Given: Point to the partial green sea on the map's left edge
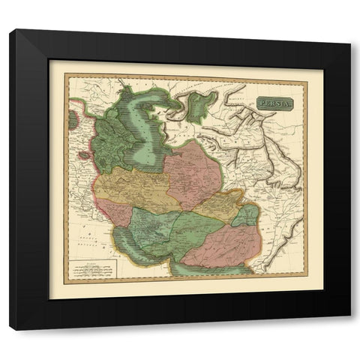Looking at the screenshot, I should pos(70,118).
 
